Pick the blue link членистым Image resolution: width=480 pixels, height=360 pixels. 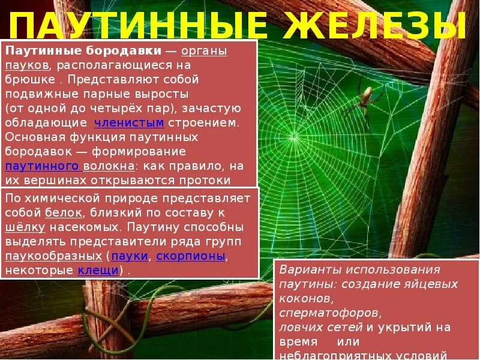click(x=129, y=123)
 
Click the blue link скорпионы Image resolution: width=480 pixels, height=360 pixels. click(x=191, y=256)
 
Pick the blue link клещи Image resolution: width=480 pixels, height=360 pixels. click(x=98, y=271)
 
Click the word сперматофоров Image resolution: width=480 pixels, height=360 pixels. click(x=330, y=313)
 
